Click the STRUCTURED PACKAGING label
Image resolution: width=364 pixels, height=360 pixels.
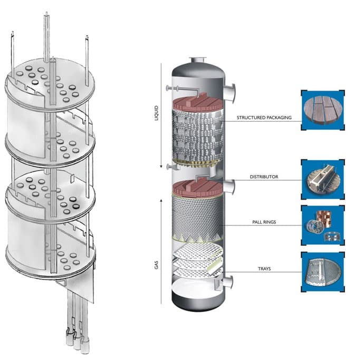tap(264, 118)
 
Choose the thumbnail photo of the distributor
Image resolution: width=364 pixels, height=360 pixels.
tap(322, 178)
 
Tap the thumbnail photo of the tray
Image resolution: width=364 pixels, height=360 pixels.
tap(322, 271)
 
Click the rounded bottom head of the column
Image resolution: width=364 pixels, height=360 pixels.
tap(196, 300)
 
